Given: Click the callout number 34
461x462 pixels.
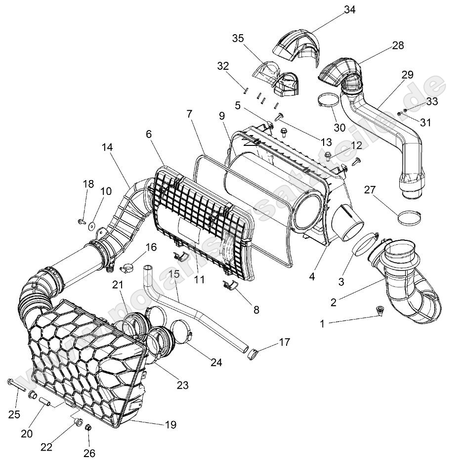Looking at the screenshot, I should coord(350,9).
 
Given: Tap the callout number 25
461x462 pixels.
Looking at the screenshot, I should coord(14,414).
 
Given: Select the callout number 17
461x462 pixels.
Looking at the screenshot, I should coord(285,342).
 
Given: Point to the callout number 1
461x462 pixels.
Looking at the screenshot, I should coord(322,323).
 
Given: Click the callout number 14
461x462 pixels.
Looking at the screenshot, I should coord(107,147).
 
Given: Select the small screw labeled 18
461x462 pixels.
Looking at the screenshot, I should coord(82,221).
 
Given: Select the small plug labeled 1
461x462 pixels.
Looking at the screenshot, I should coord(379,311).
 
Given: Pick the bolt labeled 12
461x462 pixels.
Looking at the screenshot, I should coord(328,157).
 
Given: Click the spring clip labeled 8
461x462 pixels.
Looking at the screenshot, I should coord(231,286).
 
